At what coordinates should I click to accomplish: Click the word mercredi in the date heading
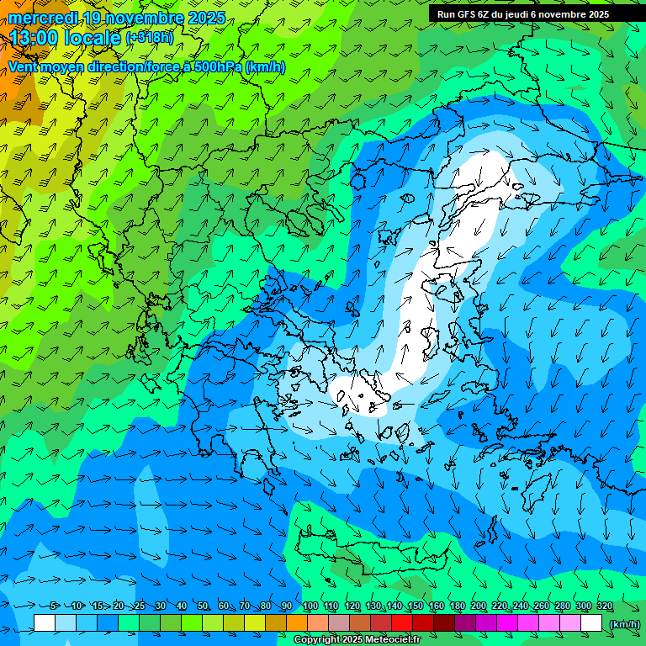click(x=41, y=18)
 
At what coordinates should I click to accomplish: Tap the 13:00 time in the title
click(x=34, y=38)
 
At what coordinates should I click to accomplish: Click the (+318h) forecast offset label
click(x=150, y=38)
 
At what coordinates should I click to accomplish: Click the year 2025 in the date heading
click(x=206, y=18)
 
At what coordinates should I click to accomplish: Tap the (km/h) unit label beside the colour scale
click(x=625, y=624)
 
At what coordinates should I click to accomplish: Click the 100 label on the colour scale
click(x=310, y=606)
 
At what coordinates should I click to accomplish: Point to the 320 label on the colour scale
click(x=605, y=606)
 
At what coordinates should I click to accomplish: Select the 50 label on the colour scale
click(x=203, y=606)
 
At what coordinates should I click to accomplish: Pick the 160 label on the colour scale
click(x=437, y=606)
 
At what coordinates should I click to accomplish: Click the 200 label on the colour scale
click(x=479, y=606)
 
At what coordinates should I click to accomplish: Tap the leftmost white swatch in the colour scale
click(x=45, y=623)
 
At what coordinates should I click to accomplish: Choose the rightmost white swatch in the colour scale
click(x=591, y=623)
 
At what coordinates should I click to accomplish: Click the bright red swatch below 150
click(x=402, y=623)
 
